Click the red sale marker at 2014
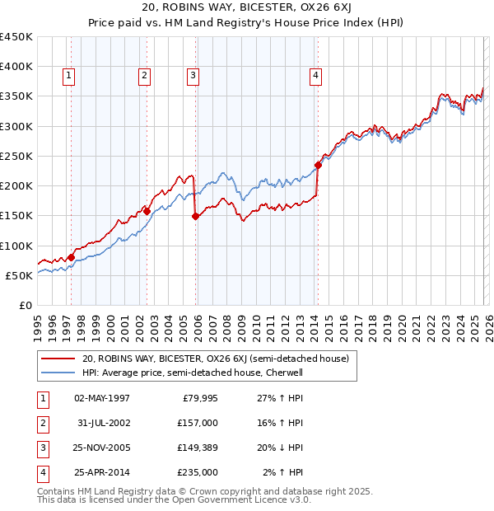318,165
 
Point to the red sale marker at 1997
71,257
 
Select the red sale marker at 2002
147,211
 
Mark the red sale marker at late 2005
195,216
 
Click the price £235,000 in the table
198,472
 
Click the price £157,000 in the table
198,423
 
